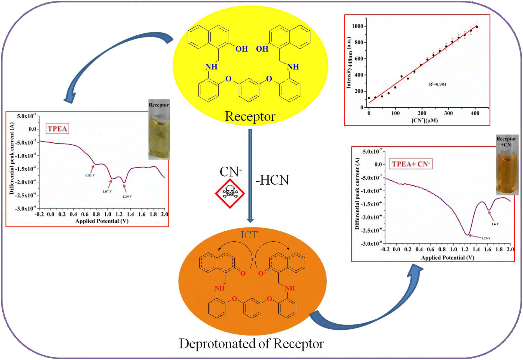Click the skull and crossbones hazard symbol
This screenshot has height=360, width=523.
click(230, 193)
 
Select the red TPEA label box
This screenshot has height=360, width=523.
click(58, 129)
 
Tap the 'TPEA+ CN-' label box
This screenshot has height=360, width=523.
click(411, 164)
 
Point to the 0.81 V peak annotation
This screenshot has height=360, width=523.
click(90, 175)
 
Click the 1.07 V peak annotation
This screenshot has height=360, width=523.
click(107, 192)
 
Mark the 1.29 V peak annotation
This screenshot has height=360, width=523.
click(127, 197)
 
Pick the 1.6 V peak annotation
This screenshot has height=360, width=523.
click(495, 224)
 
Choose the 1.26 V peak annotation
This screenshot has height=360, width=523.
click(486, 238)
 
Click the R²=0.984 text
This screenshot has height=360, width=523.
click(437, 84)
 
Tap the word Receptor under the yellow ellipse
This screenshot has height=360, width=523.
click(250, 116)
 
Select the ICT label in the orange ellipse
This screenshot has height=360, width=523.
click(249, 235)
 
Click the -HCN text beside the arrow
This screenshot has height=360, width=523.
click(272, 180)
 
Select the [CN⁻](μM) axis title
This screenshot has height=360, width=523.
click(425, 120)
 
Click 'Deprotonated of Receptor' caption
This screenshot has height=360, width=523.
click(251, 344)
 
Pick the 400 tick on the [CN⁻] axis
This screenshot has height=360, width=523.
click(475, 113)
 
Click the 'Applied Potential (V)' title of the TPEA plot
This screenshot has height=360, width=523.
click(102, 221)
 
